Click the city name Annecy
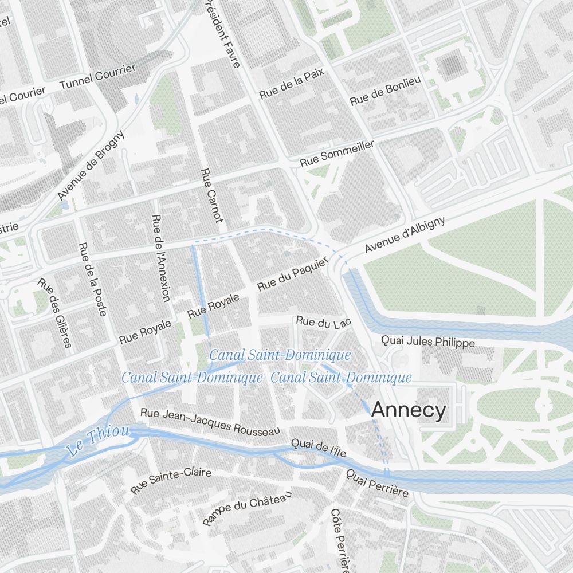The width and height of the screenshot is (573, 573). pos(408,410)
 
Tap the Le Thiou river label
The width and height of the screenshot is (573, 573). pos(98,441)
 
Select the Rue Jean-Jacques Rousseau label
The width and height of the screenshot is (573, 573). pos(210,421)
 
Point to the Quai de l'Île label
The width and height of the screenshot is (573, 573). pos(319,448)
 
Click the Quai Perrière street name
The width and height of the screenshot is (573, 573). pos(377,484)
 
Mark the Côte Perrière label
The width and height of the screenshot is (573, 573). pos(340,540)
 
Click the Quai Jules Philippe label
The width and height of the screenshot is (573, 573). pos(428,342)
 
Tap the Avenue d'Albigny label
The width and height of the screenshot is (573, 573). pos(405,236)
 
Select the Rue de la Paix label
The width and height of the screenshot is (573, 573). pos(292,83)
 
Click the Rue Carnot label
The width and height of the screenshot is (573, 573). pos(211,195)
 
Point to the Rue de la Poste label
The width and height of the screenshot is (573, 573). pos(92,279)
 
